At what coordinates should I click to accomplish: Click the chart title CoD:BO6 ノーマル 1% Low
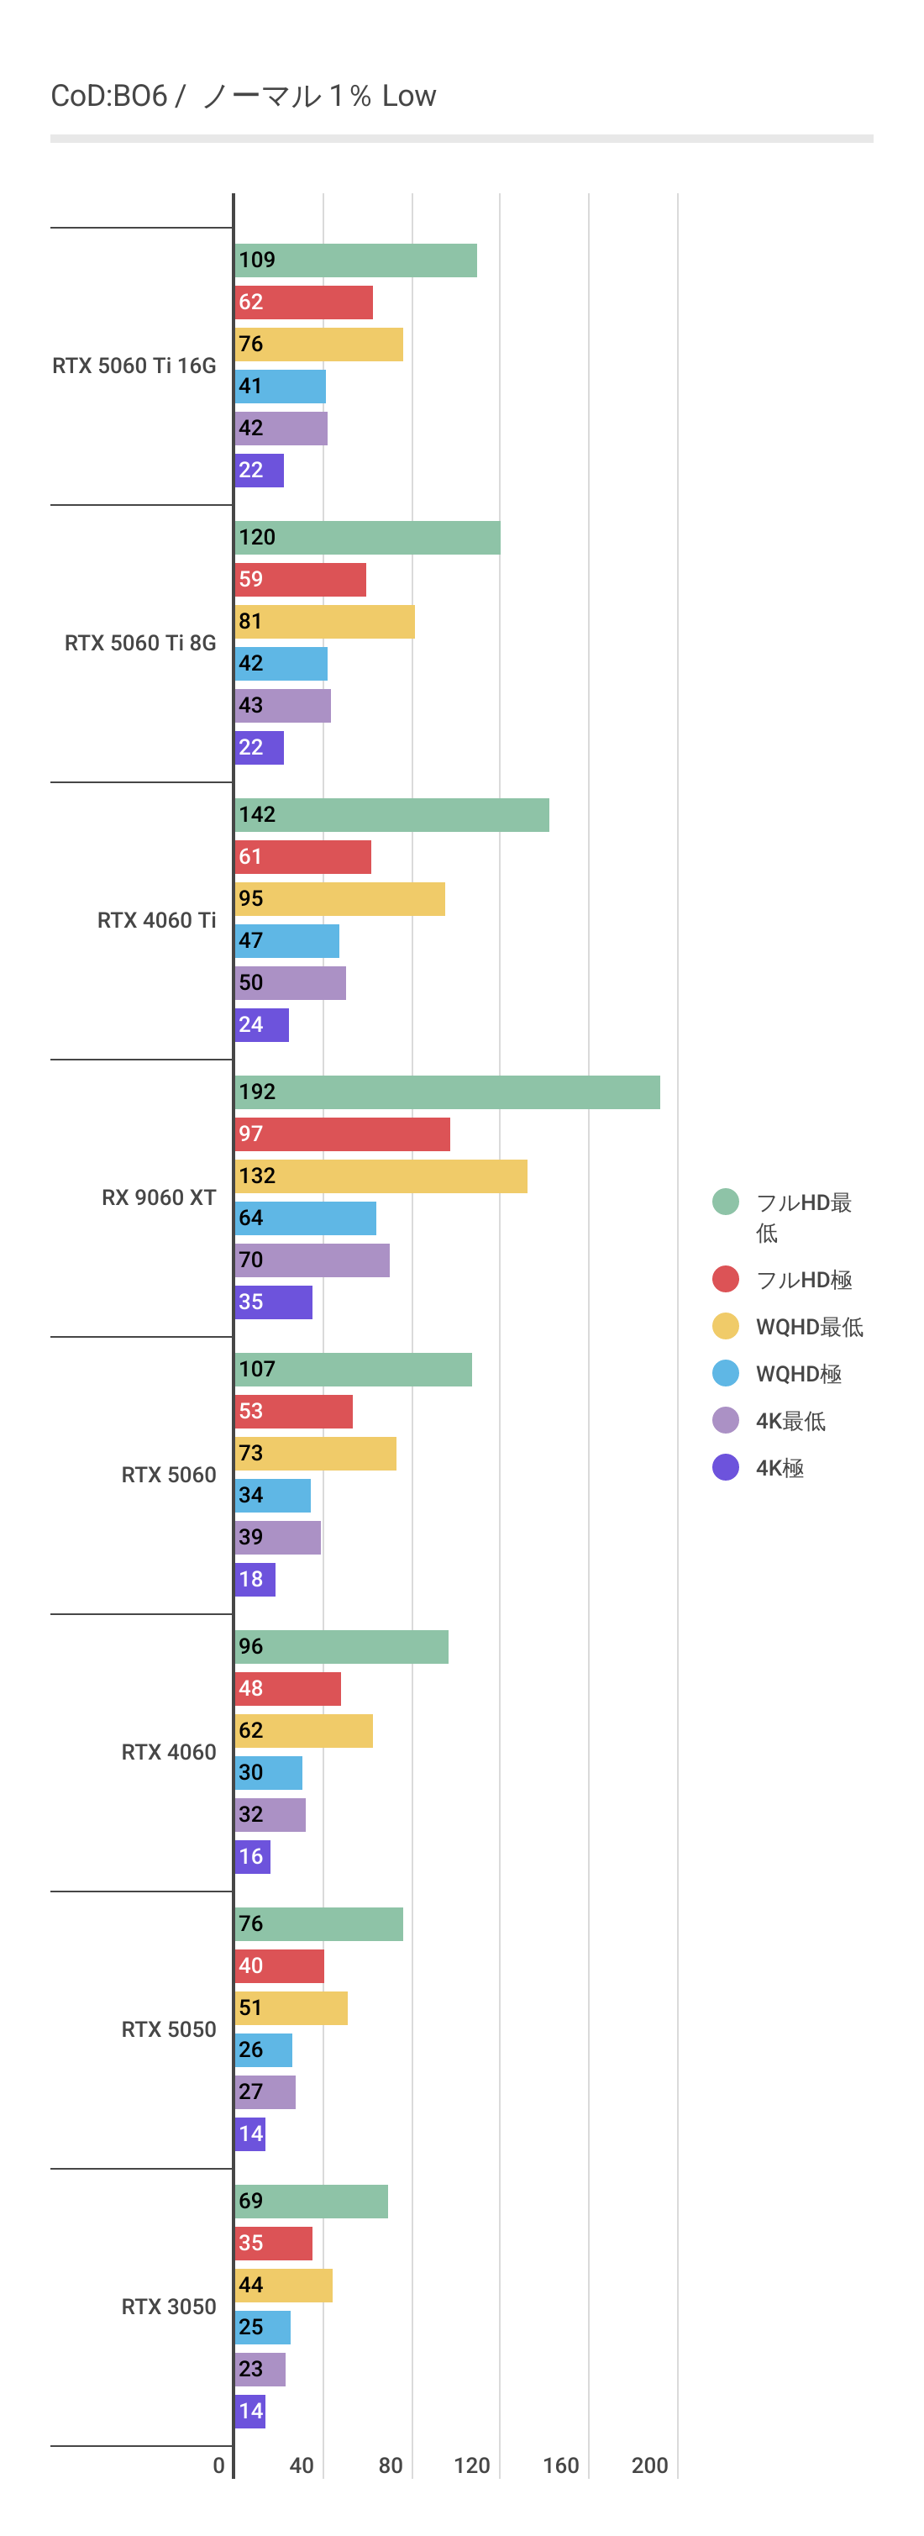tap(243, 96)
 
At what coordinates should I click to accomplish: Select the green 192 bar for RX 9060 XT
tap(447, 1092)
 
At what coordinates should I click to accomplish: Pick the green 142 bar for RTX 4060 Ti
tap(391, 815)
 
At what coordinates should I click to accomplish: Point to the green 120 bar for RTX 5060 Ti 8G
tap(367, 538)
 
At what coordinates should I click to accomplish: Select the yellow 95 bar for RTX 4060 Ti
tap(339, 899)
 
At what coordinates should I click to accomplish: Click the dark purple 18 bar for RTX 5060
tap(255, 1579)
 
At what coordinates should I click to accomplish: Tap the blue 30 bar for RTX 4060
tap(268, 1772)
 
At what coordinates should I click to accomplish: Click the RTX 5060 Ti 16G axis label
tap(134, 366)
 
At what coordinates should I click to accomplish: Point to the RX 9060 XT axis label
tap(159, 1197)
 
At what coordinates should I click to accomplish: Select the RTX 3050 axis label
tap(168, 2306)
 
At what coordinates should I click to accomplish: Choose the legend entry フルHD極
tap(803, 1280)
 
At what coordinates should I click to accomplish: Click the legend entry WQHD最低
tap(809, 1326)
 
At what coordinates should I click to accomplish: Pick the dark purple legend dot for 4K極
tap(725, 1467)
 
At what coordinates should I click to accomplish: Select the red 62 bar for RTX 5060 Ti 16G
tap(303, 303)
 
